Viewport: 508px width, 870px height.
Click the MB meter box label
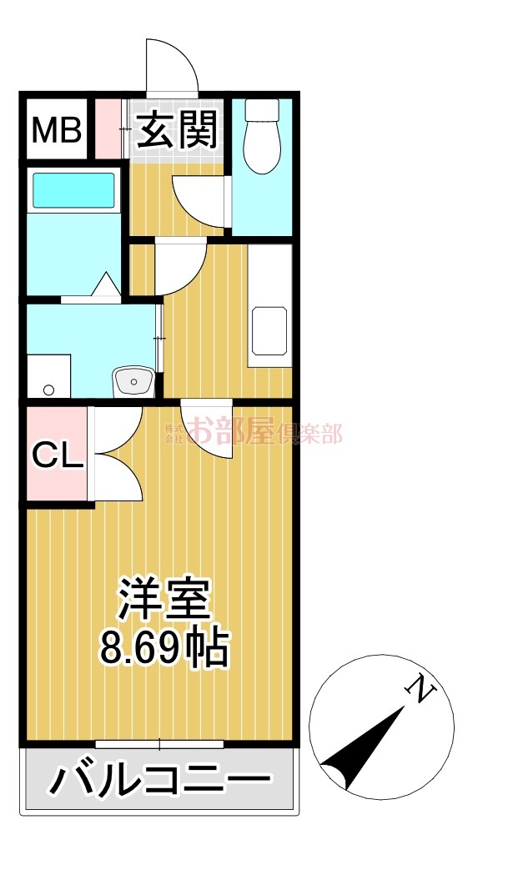pos(57,131)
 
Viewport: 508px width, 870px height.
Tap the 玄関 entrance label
pos(176,130)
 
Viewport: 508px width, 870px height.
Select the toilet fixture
pos(262,137)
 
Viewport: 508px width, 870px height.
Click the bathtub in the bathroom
pos(73,190)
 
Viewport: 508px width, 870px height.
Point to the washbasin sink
pos(133,382)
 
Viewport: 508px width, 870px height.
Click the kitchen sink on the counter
pos(269,331)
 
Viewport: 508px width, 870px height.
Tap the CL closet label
pos(57,456)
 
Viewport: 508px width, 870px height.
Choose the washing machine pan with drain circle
pos(49,377)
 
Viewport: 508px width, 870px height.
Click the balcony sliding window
pos(159,743)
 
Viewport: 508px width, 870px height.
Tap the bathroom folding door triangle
pos(105,284)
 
